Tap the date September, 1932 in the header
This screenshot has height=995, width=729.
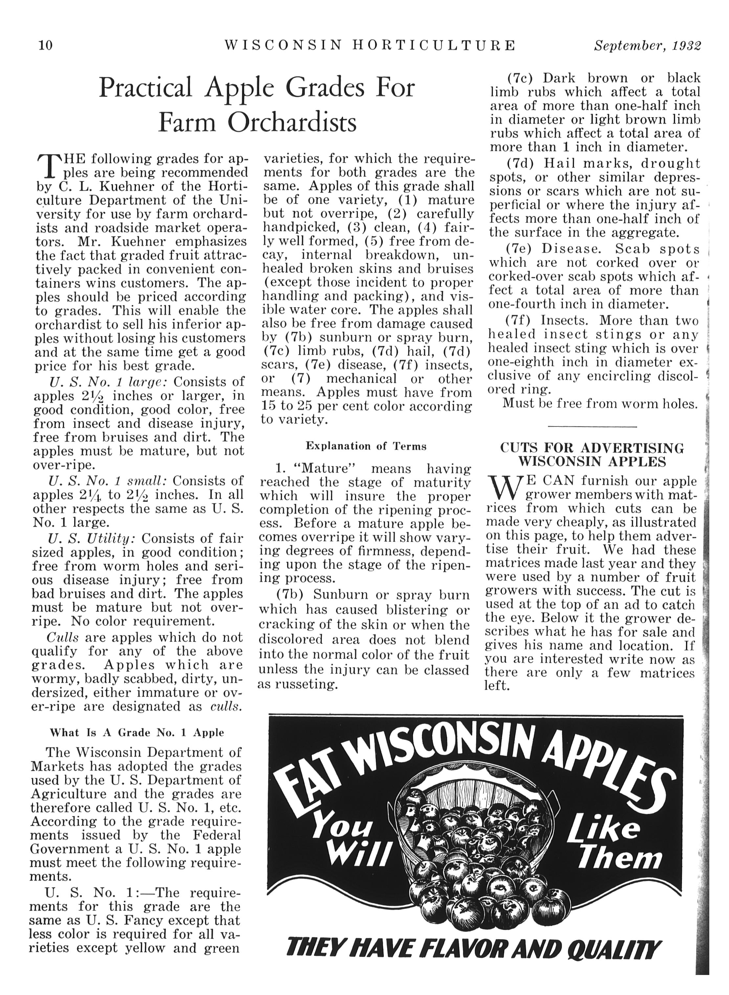point(647,46)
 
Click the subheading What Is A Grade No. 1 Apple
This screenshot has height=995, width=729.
point(137,733)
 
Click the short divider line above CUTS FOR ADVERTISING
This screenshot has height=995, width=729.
point(592,426)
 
